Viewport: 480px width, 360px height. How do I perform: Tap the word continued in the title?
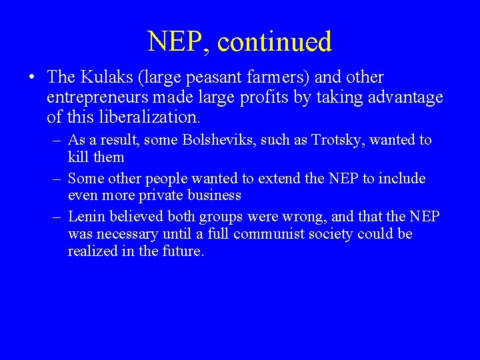274,42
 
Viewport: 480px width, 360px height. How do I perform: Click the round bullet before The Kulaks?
33,79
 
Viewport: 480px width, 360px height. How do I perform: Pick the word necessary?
127,235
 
